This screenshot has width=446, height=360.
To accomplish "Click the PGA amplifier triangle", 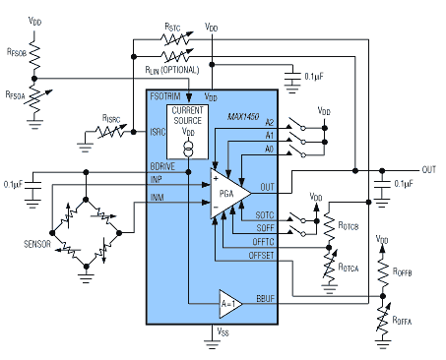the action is click(229, 194).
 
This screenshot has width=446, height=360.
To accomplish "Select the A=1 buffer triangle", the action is click(230, 304).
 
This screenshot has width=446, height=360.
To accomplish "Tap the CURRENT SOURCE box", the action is click(187, 132).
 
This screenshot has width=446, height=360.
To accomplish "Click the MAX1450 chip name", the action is click(243, 116).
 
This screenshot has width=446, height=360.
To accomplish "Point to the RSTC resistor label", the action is click(172, 27).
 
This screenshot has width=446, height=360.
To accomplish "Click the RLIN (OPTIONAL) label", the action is click(172, 70).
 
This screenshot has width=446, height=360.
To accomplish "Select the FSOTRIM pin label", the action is click(165, 96).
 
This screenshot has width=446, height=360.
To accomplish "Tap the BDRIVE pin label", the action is click(162, 166).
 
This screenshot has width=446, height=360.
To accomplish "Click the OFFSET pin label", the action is click(261, 255).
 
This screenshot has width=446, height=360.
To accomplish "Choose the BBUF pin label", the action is click(265, 299).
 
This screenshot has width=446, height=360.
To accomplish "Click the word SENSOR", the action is click(37, 244).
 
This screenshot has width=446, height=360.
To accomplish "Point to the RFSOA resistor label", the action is click(15, 95).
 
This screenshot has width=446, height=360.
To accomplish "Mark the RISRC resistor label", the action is click(111, 118).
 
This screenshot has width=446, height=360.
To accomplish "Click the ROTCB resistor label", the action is click(349, 225).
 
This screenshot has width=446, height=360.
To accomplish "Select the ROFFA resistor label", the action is click(402, 321).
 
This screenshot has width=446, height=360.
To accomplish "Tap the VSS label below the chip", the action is click(223, 331).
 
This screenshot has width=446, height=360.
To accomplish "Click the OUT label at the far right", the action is click(429, 169).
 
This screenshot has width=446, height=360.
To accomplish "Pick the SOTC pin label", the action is click(265, 215).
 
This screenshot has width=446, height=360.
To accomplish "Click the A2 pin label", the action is click(269, 122).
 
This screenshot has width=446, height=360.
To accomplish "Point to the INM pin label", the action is click(157, 197).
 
